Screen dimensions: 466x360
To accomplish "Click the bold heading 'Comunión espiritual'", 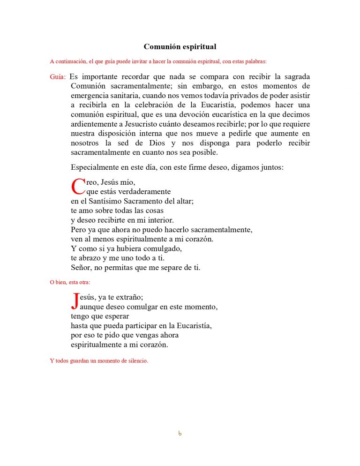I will click(180, 47).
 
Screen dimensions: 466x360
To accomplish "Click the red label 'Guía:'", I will click(58, 77).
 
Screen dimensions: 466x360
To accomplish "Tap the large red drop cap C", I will click(78, 187).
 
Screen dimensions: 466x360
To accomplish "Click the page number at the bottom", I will click(180, 433).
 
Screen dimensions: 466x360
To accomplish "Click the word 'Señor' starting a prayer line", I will click(81, 268).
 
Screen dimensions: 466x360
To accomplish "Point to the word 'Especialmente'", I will click(95, 167).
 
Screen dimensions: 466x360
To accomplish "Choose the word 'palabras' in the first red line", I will click(254, 61).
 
